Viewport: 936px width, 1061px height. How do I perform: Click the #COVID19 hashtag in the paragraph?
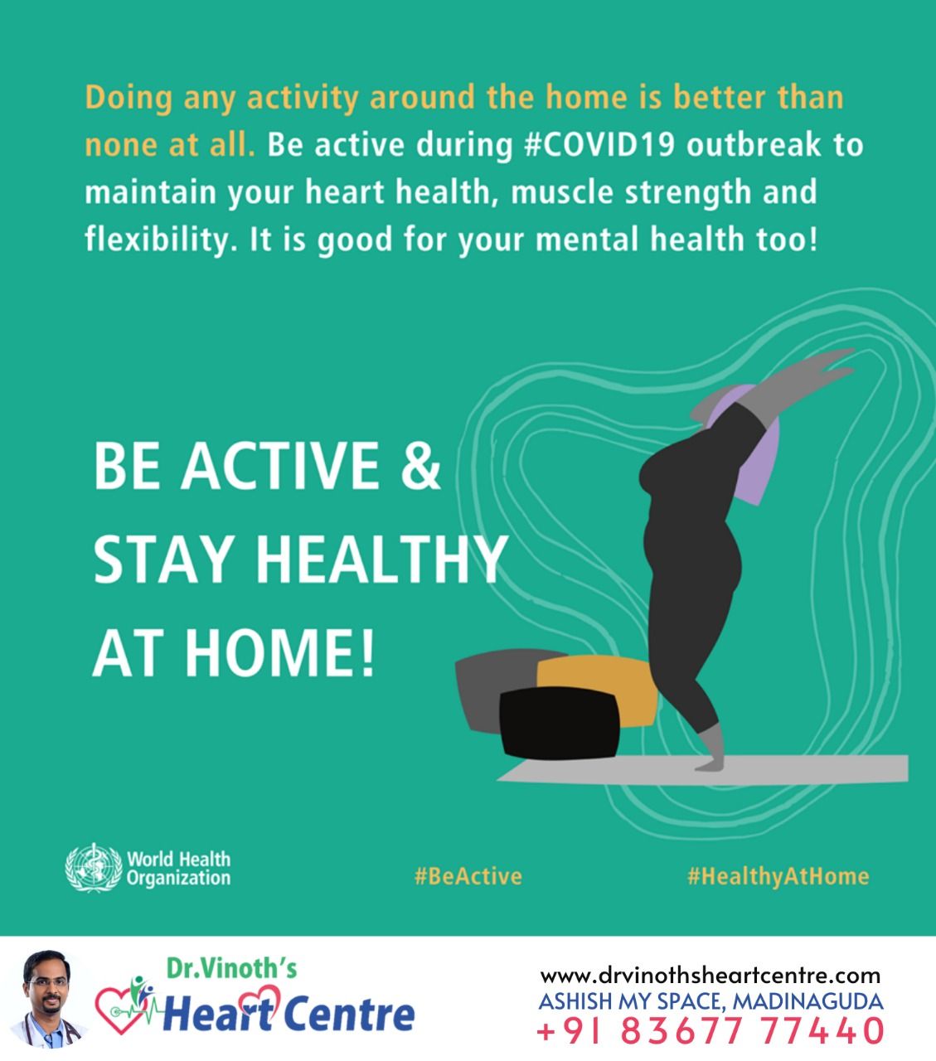599,145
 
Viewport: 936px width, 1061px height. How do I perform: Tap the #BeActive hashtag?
468,876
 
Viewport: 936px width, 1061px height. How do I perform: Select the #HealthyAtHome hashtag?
778,876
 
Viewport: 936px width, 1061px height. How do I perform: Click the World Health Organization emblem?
93,868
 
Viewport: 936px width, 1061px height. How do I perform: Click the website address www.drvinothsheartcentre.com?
710,975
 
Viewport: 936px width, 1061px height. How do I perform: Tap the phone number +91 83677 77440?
710,1030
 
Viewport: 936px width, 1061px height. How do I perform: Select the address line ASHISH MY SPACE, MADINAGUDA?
710,1001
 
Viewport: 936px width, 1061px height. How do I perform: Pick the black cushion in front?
560,723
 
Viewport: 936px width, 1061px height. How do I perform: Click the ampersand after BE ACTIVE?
420,465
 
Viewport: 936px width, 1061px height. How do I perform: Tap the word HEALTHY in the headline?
381,560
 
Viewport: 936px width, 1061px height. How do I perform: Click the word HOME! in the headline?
280,653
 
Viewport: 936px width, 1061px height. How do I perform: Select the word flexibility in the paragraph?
158,240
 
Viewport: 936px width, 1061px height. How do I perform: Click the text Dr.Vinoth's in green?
231,968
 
